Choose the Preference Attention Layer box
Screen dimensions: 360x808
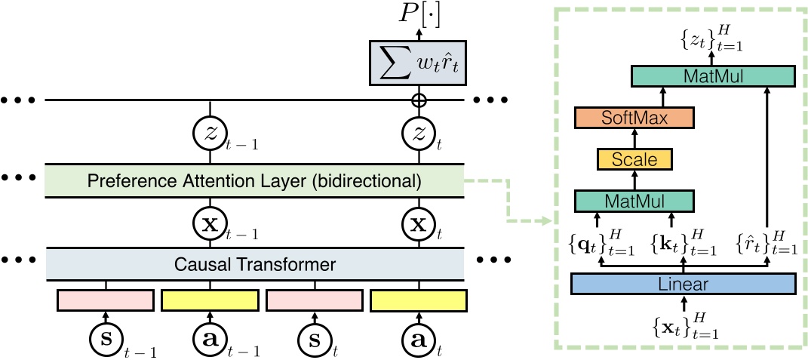pyautogui.click(x=255, y=180)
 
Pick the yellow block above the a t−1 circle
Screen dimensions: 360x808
pyautogui.click(x=209, y=300)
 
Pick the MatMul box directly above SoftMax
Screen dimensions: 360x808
pyautogui.click(x=713, y=75)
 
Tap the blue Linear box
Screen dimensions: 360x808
pyautogui.click(x=684, y=283)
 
